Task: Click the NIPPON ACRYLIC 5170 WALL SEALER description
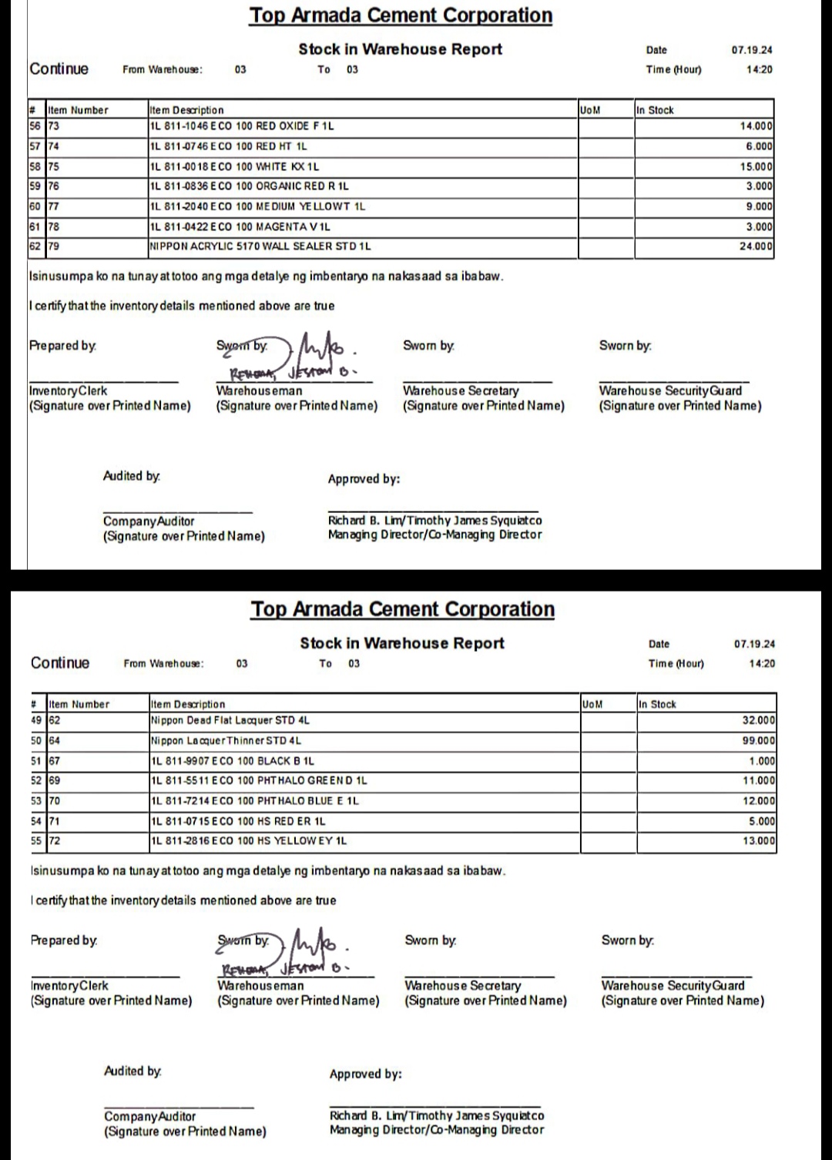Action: tap(260, 246)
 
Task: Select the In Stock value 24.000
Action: tap(756, 246)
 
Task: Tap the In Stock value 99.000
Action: tap(759, 740)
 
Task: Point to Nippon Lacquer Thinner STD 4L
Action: tap(226, 740)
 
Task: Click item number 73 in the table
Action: tap(54, 126)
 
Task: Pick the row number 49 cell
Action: tap(36, 721)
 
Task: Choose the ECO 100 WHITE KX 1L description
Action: tap(234, 166)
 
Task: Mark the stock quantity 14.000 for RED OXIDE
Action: tap(756, 126)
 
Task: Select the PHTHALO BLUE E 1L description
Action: tap(255, 801)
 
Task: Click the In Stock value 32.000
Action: tap(759, 721)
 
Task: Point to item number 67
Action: tap(55, 761)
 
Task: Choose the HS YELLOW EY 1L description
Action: tap(249, 840)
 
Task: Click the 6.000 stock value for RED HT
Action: tap(759, 146)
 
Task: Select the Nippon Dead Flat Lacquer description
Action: tap(230, 721)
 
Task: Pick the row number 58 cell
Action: tap(35, 166)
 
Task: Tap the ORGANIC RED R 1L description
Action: tap(249, 186)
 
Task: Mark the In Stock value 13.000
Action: tap(759, 840)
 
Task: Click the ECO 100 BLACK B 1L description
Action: tap(233, 761)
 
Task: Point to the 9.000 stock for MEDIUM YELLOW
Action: tap(759, 206)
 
